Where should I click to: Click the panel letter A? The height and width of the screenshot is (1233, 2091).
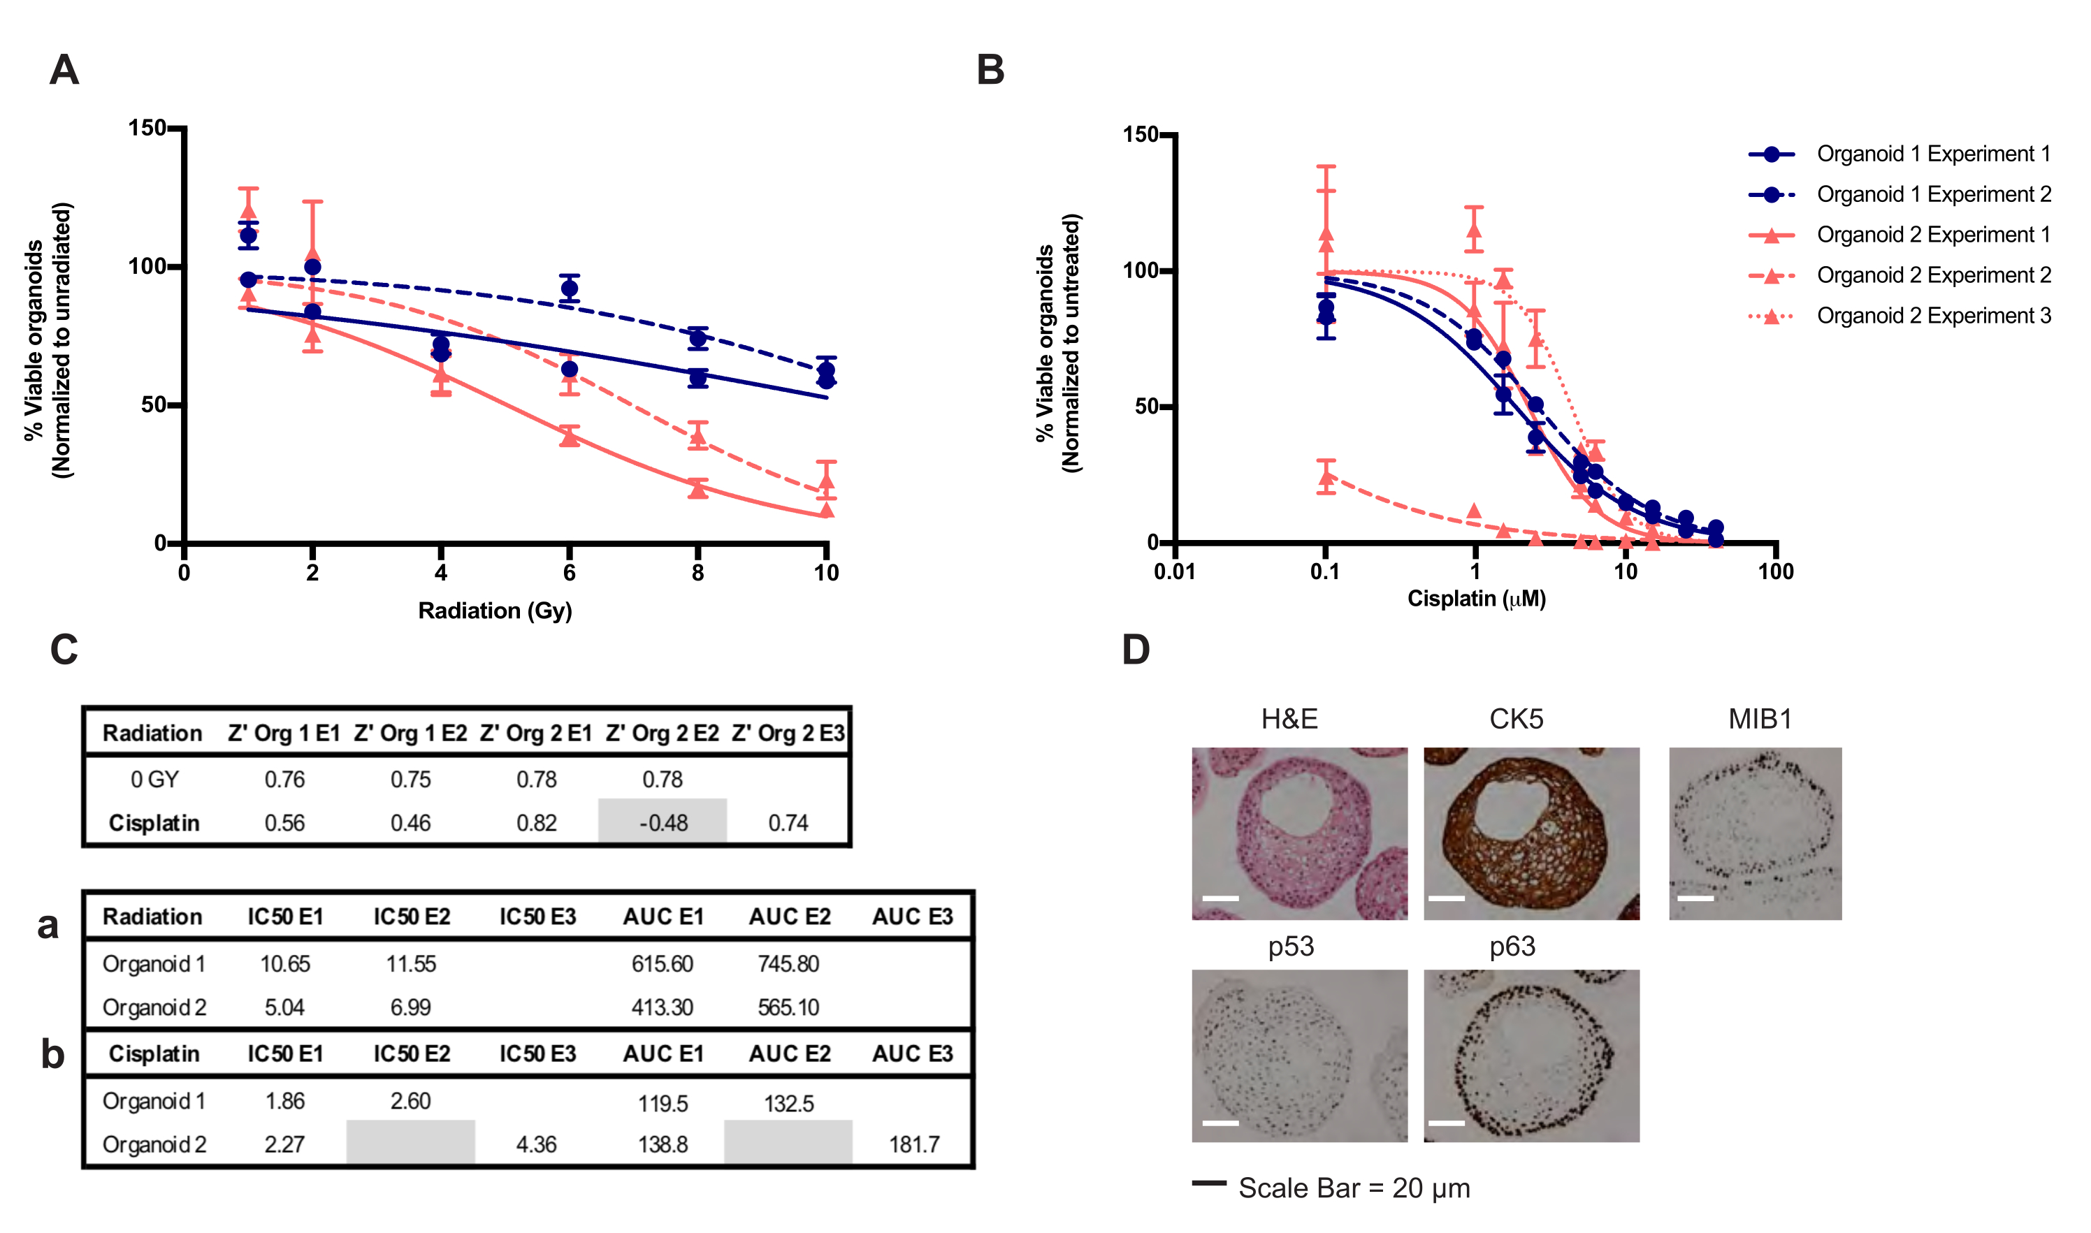(x=64, y=70)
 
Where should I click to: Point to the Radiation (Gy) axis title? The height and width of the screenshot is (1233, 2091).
(x=495, y=611)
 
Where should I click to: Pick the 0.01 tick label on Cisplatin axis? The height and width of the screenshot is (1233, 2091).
(x=1173, y=571)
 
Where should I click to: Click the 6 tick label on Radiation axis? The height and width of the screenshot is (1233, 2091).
(x=570, y=572)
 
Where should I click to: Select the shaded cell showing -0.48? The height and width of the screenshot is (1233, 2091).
(x=663, y=822)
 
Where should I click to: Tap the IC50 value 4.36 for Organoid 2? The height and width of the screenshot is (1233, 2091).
(x=536, y=1144)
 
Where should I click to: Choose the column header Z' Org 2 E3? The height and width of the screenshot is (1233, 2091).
(x=788, y=733)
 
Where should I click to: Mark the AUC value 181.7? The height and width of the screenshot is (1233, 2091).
(x=913, y=1144)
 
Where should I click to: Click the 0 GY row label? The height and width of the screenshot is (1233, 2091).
(x=154, y=780)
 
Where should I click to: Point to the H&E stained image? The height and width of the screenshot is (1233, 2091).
(x=1299, y=833)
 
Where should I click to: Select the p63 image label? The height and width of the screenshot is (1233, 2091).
(x=1512, y=947)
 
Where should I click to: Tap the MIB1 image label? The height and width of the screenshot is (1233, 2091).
(x=1760, y=719)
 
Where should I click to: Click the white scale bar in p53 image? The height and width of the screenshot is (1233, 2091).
(x=1220, y=1123)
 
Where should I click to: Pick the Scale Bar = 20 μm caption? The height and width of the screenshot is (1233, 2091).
(x=1353, y=1188)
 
